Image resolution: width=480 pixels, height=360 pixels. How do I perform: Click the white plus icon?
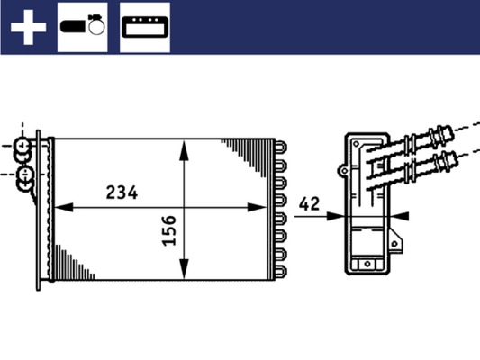tap(27, 27)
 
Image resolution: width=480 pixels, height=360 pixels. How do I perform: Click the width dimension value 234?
tap(122, 193)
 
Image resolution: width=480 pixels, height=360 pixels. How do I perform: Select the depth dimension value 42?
tap(311, 204)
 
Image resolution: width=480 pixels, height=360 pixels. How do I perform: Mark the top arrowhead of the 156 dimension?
tap(185, 145)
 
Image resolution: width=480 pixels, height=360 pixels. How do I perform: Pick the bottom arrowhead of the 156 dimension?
tap(185, 271)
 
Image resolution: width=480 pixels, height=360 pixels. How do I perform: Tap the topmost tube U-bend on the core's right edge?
tap(281, 146)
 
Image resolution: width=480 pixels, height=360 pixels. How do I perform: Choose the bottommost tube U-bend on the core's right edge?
tap(281, 269)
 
